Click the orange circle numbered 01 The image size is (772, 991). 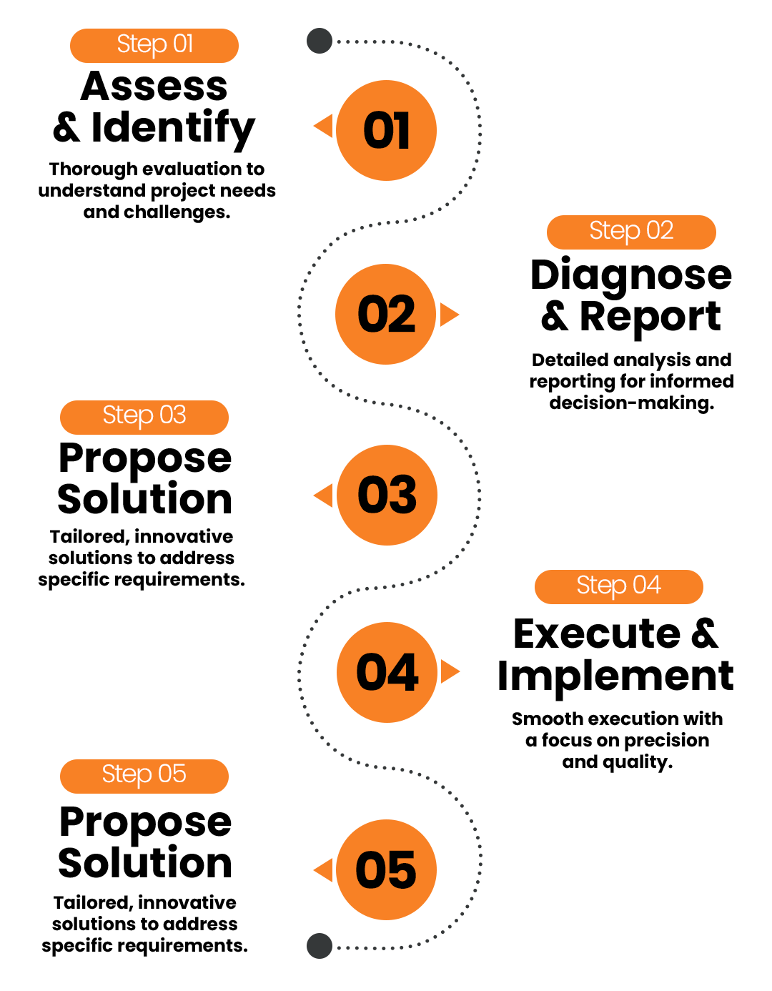click(x=386, y=130)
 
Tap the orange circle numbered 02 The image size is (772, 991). click(x=385, y=314)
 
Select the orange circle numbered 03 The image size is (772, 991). click(x=387, y=495)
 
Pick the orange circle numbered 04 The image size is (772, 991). click(x=387, y=672)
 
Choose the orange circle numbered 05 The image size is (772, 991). click(x=386, y=869)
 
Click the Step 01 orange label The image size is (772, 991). click(x=154, y=46)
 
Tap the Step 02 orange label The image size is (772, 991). click(x=631, y=232)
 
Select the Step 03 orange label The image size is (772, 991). click(x=144, y=417)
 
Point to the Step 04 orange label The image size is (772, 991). click(x=618, y=587)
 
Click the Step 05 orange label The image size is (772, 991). click(x=144, y=776)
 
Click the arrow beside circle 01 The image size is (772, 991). click(x=324, y=127)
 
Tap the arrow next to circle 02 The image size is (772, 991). click(x=449, y=314)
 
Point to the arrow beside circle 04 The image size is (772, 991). click(x=450, y=671)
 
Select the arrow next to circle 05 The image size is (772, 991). click(x=324, y=870)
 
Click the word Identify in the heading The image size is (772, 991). click(x=173, y=129)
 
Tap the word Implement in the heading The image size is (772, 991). click(x=615, y=676)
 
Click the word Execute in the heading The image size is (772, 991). click(x=597, y=634)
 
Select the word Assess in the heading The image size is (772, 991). click(x=154, y=87)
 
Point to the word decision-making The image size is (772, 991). click(x=631, y=403)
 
